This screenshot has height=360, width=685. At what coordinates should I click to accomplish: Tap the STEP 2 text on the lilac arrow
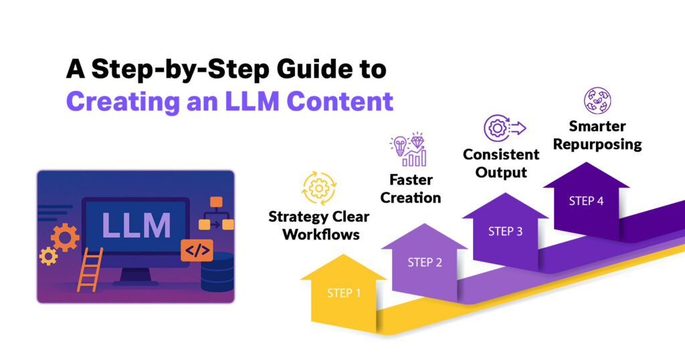(x=425, y=262)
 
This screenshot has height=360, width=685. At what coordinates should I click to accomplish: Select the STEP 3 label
(x=505, y=232)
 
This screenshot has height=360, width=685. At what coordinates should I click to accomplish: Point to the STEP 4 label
(x=586, y=201)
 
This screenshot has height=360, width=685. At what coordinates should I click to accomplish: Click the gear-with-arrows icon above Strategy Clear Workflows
(x=318, y=189)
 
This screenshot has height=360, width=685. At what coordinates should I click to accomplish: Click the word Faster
(x=411, y=180)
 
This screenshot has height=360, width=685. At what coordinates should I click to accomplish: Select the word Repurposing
(x=597, y=144)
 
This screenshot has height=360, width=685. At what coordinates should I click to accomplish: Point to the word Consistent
(x=501, y=155)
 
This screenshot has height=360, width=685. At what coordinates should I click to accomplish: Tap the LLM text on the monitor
(x=136, y=226)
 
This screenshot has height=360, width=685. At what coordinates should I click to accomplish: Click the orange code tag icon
(x=197, y=251)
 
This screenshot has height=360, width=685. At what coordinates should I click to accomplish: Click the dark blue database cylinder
(x=217, y=271)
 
